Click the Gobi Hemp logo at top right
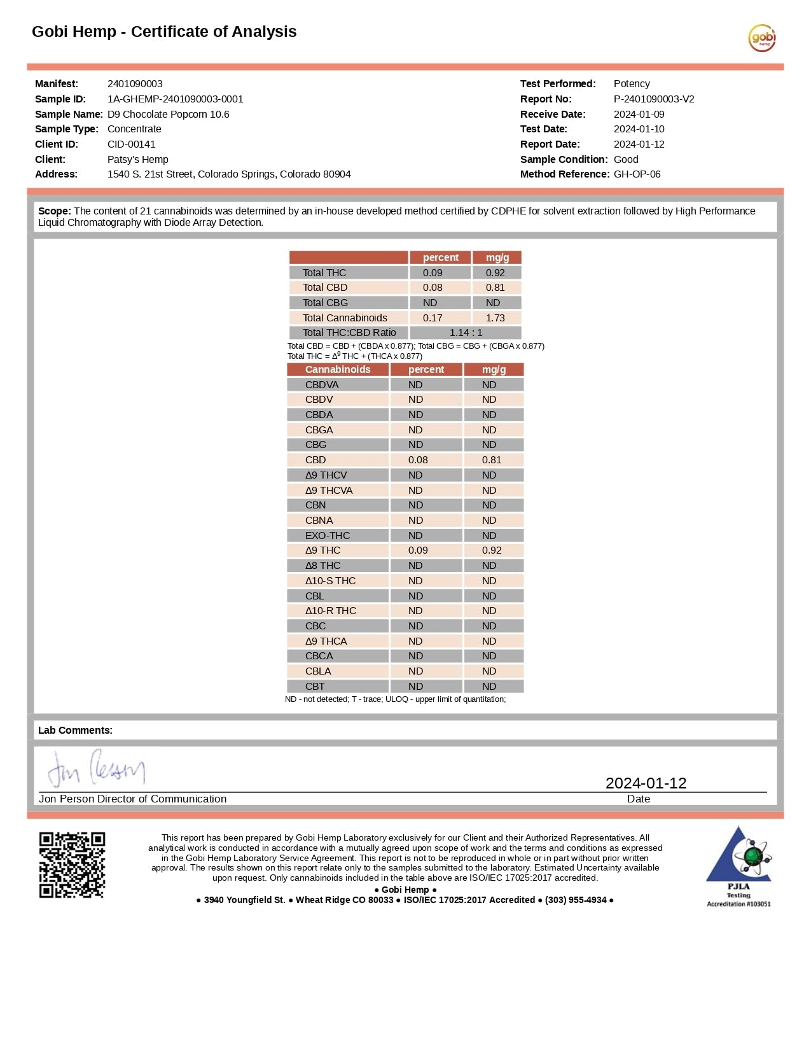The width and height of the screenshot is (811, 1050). [761, 38]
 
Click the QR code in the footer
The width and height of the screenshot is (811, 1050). [72, 865]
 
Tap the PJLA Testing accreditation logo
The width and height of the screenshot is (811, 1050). [738, 866]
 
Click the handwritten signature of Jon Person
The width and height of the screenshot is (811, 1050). [96, 769]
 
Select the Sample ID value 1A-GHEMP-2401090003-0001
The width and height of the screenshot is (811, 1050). [175, 99]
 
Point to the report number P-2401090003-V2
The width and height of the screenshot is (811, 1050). [653, 99]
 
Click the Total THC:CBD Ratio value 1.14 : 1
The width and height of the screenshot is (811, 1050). [466, 333]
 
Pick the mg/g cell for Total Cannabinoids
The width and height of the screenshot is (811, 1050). [495, 318]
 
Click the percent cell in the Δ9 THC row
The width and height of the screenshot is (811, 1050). [418, 550]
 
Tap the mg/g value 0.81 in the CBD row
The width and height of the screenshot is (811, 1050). [491, 460]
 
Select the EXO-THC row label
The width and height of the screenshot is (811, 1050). [327, 536]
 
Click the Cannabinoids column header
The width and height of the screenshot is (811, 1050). [337, 370]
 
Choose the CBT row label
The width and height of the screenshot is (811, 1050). [315, 687]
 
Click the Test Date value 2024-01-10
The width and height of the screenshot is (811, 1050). [639, 129]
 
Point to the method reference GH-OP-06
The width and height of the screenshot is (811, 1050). [637, 174]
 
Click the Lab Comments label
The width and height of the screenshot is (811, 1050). [75, 731]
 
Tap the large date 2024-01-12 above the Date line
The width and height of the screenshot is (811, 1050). [646, 783]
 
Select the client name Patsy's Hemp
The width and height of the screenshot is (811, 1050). [137, 160]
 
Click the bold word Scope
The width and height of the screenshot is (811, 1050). [54, 211]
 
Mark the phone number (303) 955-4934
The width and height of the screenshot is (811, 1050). [576, 900]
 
